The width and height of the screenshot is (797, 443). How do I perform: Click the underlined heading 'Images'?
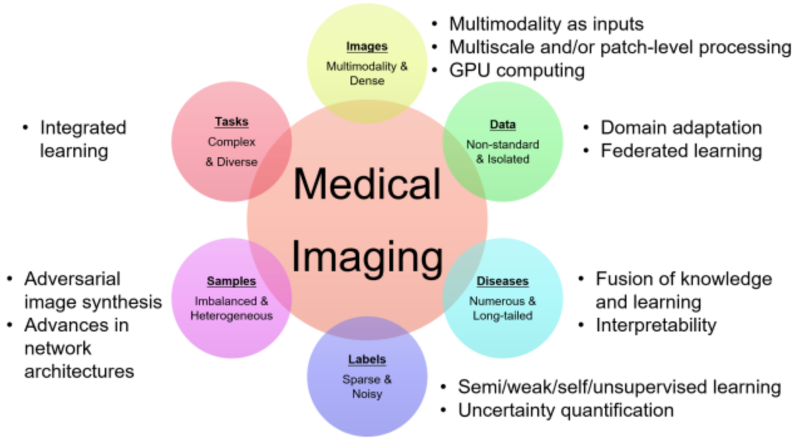(367, 46)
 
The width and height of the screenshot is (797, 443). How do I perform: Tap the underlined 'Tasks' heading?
(231, 122)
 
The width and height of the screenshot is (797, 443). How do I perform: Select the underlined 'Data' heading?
(502, 125)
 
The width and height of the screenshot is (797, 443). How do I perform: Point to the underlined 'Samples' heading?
(231, 281)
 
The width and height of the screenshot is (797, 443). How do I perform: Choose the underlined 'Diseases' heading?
(502, 281)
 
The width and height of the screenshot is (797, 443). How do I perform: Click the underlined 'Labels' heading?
(367, 360)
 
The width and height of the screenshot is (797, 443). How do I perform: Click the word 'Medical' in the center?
(367, 185)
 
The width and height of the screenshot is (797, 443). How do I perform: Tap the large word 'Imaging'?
(367, 257)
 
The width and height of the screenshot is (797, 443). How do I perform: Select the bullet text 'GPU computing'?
(517, 70)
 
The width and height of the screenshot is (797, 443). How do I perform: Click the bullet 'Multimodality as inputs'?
(546, 24)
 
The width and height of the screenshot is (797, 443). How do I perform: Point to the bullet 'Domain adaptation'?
(681, 128)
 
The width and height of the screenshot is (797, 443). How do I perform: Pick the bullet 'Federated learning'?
(681, 151)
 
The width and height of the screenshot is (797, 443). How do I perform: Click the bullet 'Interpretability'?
(655, 325)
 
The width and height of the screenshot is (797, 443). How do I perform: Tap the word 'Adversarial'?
(72, 279)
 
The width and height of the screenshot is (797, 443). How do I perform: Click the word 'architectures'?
(79, 371)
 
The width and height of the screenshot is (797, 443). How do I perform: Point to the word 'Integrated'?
(83, 128)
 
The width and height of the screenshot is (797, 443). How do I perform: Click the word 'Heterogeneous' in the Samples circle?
(231, 316)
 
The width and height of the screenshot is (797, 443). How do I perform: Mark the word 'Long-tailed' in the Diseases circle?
(502, 316)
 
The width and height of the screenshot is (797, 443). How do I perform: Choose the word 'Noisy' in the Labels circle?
(367, 395)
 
